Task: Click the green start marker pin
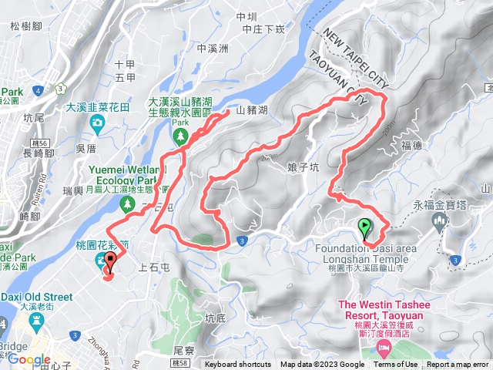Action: (364, 227)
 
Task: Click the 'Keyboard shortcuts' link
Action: (238, 365)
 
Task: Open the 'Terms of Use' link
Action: (396, 365)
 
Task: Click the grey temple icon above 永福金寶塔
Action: (441, 221)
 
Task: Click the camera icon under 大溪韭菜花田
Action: (98, 124)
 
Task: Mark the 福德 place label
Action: (412, 144)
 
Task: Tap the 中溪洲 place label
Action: (213, 48)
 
